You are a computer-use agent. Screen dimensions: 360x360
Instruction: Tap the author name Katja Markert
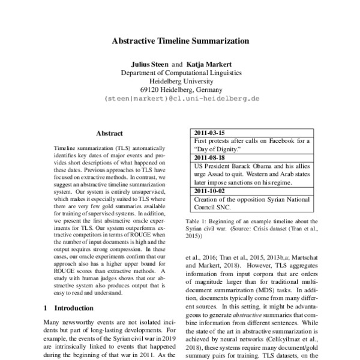(x=208, y=63)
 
